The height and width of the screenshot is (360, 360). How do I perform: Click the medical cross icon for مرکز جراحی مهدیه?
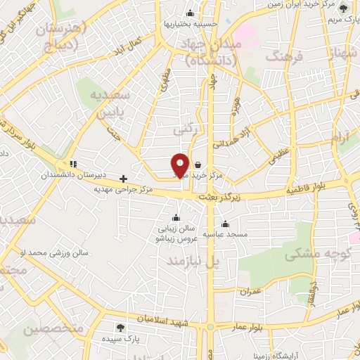pos(124,179)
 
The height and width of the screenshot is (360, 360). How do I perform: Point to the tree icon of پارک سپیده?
pos(120,328)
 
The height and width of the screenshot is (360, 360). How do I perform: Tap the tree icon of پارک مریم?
pos(343,8)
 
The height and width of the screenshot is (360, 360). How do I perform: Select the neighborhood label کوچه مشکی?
pos(314,255)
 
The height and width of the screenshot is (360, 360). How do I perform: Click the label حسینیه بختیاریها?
pos(189,23)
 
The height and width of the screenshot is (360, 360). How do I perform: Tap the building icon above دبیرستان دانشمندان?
pos(74,164)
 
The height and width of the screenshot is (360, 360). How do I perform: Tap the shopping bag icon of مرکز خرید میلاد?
pos(206,165)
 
